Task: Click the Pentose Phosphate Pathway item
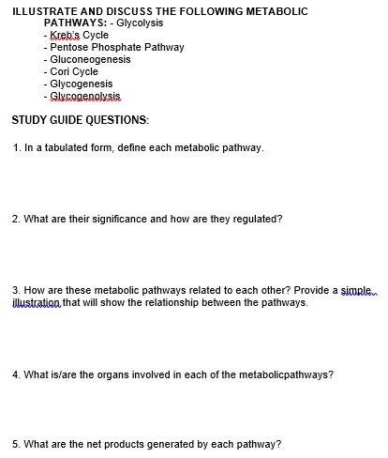click(x=117, y=47)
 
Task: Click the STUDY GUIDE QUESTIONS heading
click(x=80, y=120)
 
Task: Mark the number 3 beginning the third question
click(x=15, y=291)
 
